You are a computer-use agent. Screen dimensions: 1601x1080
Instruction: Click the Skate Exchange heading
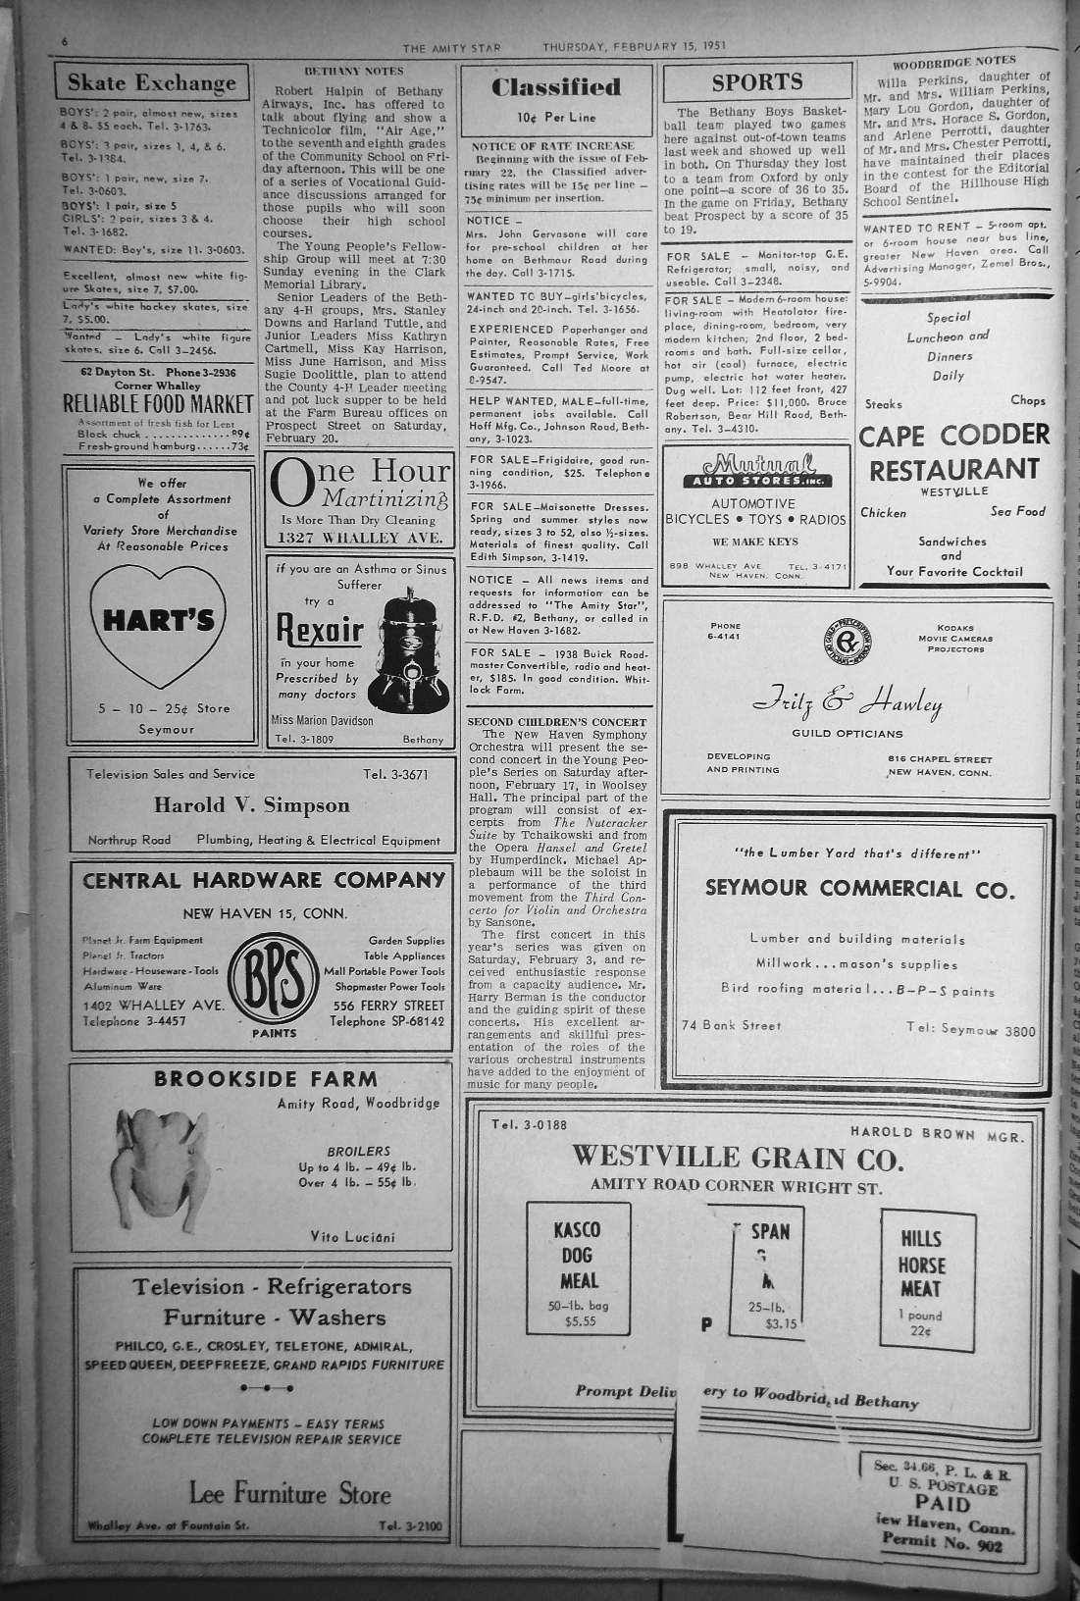click(x=151, y=82)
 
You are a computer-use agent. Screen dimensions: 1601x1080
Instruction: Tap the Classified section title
click(x=555, y=87)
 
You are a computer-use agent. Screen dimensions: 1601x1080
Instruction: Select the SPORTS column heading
click(x=756, y=82)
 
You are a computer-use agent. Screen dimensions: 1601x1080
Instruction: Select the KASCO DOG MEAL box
click(x=578, y=1268)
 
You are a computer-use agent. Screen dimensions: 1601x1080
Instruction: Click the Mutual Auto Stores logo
click(x=755, y=471)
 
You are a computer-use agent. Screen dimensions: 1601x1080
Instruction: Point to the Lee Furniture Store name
click(x=289, y=1495)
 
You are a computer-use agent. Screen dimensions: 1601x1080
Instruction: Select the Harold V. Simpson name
click(x=251, y=805)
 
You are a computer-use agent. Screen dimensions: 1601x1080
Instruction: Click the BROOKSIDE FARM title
click(x=265, y=1079)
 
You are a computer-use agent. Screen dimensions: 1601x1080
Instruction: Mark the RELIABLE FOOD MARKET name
click(x=158, y=403)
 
